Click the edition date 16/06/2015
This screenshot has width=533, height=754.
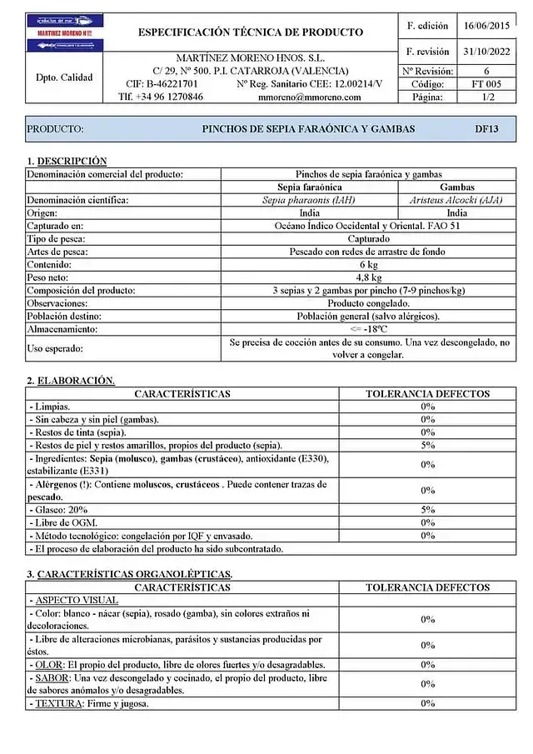[x=486, y=26]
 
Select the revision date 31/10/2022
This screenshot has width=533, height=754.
[x=486, y=52]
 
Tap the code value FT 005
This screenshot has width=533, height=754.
[x=486, y=84]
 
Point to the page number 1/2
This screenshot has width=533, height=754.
[x=486, y=97]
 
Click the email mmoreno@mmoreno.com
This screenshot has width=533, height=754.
[x=310, y=97]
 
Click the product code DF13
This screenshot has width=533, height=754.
[x=486, y=129]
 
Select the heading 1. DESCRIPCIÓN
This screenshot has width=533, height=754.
[x=67, y=161]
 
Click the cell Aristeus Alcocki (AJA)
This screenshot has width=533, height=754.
[x=456, y=201]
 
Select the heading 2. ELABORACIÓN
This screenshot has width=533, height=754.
[x=71, y=381]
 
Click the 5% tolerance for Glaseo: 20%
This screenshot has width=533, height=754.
[x=427, y=510]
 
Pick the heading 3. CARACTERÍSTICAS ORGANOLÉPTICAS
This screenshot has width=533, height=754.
[x=129, y=574]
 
